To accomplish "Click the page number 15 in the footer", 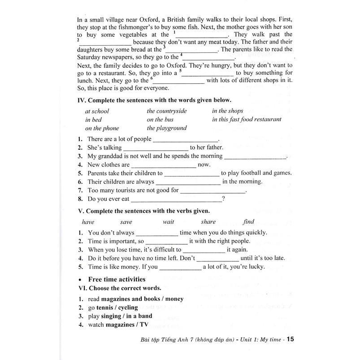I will (290, 339).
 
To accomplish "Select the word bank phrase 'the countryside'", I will (167, 111).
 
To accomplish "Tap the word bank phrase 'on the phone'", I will (102, 128).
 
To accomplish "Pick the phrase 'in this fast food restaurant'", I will (247, 119).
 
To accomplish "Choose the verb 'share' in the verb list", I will (208, 221).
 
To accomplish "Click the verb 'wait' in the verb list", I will (169, 221).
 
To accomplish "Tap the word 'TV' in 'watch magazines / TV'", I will (144, 324).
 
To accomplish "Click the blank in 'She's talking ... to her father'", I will (156, 148).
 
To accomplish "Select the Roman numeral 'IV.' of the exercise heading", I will (82, 100).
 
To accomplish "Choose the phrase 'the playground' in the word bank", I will (167, 128).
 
